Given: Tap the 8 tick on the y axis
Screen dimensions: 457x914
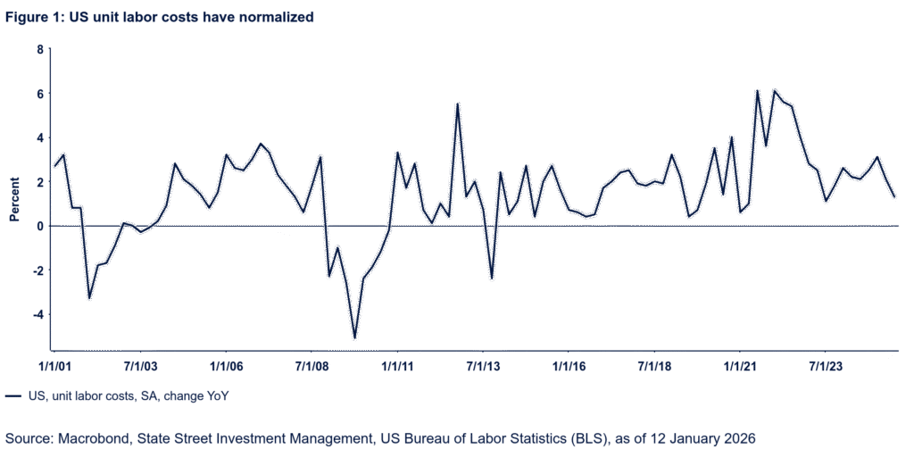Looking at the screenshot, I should [x=40, y=49].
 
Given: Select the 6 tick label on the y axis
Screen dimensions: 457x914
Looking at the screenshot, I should [x=40, y=94].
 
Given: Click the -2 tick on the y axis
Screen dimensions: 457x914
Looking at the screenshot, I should [x=37, y=270].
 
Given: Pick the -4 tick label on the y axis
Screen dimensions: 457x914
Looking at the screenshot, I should [x=37, y=315].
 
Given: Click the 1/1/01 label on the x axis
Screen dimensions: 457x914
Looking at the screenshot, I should [x=54, y=366].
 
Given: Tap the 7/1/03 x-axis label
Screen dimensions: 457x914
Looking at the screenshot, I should [x=140, y=366].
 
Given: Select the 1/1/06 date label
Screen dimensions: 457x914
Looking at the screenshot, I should [x=227, y=366].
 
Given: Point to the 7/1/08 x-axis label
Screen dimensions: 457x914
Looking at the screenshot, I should [x=312, y=366].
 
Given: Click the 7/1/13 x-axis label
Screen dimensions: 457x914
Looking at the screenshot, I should [x=484, y=366].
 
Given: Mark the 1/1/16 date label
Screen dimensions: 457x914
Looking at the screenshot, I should [x=569, y=366].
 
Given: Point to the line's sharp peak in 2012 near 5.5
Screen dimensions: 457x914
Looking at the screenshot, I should [x=457, y=103].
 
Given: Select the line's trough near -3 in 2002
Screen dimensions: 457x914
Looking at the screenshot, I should [x=88, y=298].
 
